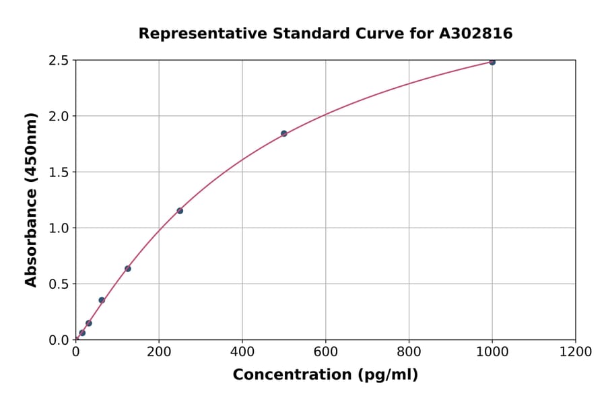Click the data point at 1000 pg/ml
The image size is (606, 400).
click(x=492, y=62)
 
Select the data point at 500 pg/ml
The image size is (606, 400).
click(x=284, y=133)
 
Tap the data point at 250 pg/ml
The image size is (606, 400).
click(x=180, y=211)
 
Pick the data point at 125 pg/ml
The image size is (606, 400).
click(x=128, y=269)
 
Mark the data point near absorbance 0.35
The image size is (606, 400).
click(x=102, y=300)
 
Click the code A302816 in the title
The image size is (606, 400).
click(x=476, y=34)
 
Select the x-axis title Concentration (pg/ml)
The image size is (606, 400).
click(x=325, y=375)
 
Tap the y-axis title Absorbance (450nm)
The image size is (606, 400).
click(x=31, y=199)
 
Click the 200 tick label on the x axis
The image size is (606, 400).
click(x=159, y=352)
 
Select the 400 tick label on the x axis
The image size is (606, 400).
click(x=242, y=352)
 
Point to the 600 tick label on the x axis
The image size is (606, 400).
click(x=325, y=352)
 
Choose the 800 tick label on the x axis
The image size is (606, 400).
click(x=409, y=352)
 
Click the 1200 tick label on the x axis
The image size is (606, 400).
click(x=576, y=352)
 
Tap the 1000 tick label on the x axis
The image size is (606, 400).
click(x=492, y=352)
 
